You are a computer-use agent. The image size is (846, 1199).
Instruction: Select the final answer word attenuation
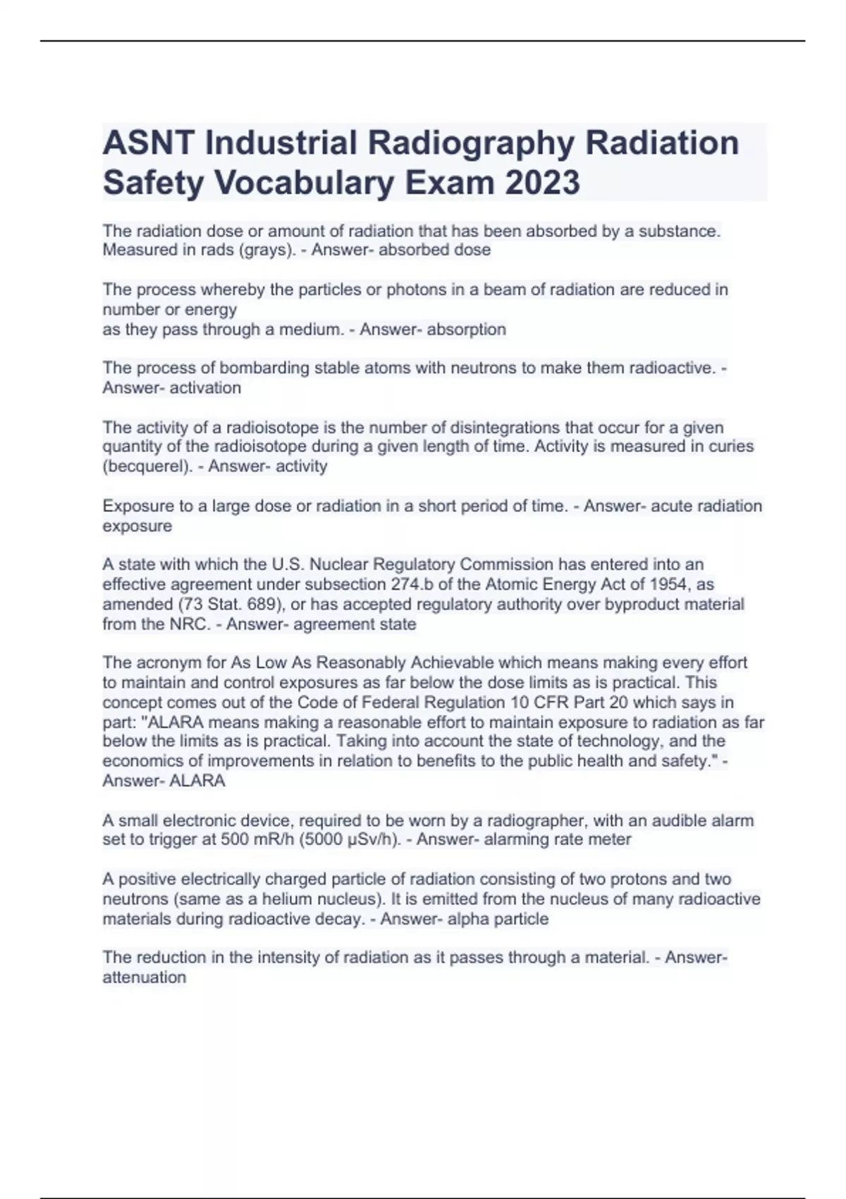[x=145, y=978]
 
